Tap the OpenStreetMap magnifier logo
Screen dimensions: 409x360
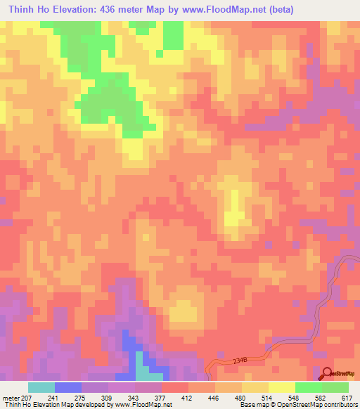(327, 375)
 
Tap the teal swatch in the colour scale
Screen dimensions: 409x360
(41, 387)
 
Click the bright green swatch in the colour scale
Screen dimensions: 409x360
(309, 387)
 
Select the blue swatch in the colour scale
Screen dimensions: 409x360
(68, 387)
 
